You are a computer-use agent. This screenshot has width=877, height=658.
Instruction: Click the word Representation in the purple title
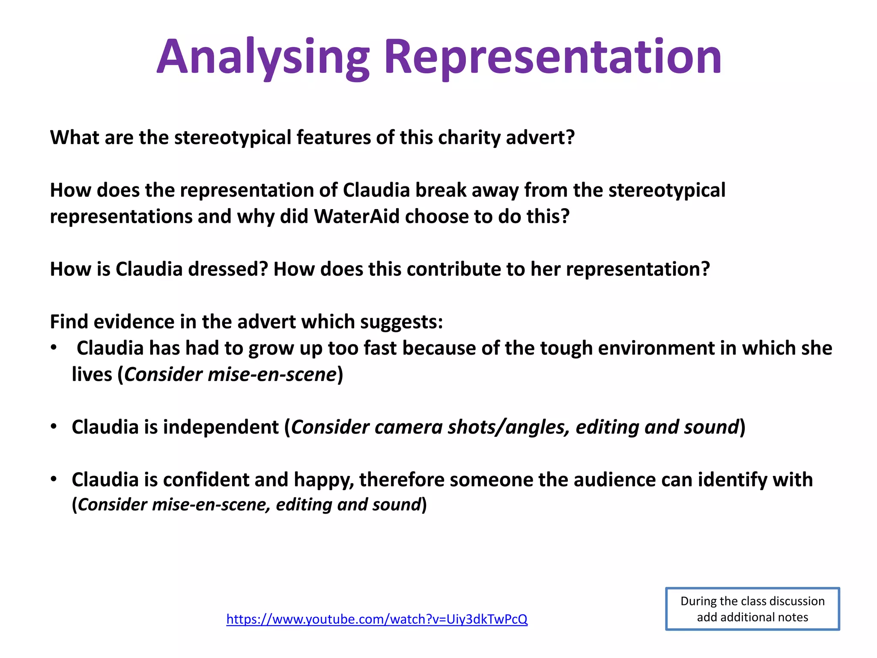pyautogui.click(x=553, y=57)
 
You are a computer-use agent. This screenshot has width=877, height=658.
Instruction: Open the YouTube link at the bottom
pyautogui.click(x=377, y=619)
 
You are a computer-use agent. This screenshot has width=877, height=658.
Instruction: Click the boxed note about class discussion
pyautogui.click(x=752, y=609)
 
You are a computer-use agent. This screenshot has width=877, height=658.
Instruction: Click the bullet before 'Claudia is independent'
pyautogui.click(x=54, y=427)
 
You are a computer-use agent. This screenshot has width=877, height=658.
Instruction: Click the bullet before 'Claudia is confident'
pyautogui.click(x=54, y=479)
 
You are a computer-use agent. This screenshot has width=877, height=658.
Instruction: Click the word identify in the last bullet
pyautogui.click(x=732, y=480)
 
